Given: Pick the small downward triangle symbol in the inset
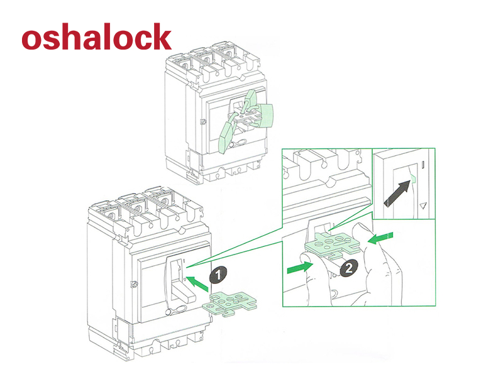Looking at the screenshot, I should coord(423,205).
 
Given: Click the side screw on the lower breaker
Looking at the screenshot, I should coord(133,284).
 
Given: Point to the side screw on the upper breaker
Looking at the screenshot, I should coord(202,121).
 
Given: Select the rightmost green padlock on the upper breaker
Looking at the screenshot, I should coord(267,117).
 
